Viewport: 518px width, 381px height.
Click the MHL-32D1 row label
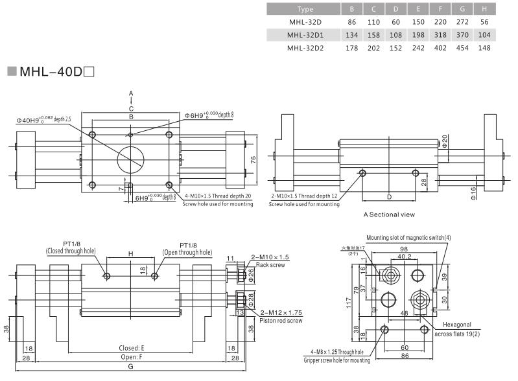(305, 34)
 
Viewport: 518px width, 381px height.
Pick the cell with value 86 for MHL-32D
(352, 22)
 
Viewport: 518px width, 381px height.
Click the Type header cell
(305, 9)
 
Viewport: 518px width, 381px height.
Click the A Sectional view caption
(389, 214)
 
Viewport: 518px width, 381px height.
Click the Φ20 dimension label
(445, 141)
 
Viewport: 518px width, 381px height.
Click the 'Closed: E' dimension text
(132, 348)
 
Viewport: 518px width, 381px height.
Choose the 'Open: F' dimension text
(132, 357)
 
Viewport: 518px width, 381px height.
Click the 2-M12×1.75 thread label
(281, 312)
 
